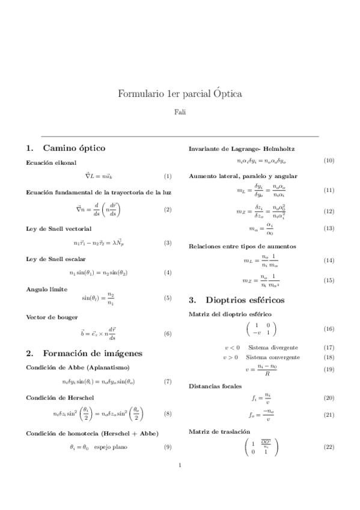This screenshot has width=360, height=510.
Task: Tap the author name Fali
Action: pos(180,112)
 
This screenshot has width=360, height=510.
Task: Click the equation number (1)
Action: pos(168,176)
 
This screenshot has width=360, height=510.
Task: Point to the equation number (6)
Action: pos(168,334)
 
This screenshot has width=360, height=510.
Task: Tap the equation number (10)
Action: pos(329,161)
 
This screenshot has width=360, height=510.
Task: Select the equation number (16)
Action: pos(329,329)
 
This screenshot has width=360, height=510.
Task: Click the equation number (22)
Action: pos(329,446)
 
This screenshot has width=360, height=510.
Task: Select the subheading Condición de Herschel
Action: pos(60,398)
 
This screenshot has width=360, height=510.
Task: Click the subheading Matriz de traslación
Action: pos(219,432)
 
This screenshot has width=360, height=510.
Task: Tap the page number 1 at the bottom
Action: pos(180,482)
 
